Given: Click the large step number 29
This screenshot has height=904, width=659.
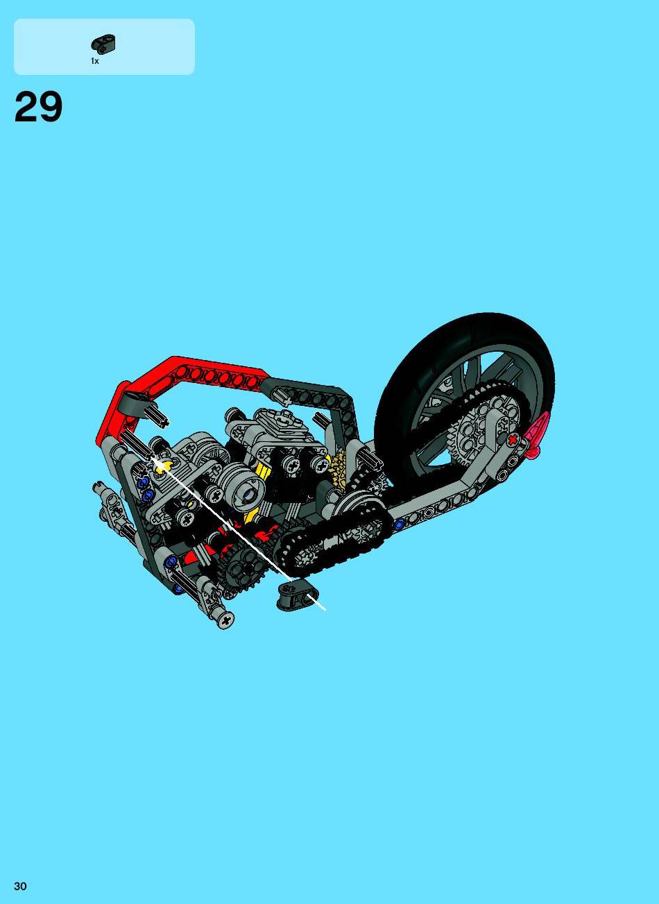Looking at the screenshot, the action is tap(38, 107).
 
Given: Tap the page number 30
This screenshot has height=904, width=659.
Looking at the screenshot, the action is tap(20, 885).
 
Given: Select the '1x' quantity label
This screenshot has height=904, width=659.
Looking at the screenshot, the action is tap(95, 61).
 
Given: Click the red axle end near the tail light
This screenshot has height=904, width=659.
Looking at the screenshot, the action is tap(513, 440).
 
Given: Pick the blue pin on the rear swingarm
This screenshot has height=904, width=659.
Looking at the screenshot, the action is tap(400, 525).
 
